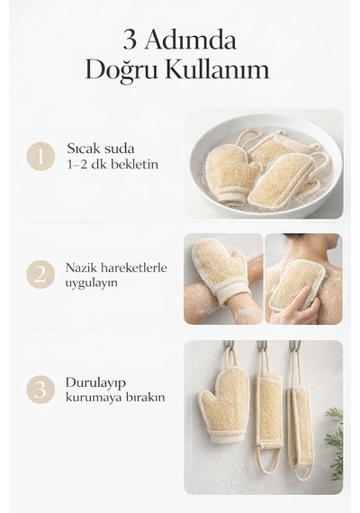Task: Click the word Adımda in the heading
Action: coord(190,40)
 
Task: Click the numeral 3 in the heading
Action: coord(130,40)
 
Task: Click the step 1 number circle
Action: coord(40,156)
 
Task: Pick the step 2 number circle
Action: coord(40,274)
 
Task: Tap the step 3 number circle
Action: coord(40,390)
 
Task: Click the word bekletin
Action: coord(134,164)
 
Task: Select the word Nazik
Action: coord(81,268)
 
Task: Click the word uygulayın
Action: coord(91,283)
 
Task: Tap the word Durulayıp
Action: coord(95,383)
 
